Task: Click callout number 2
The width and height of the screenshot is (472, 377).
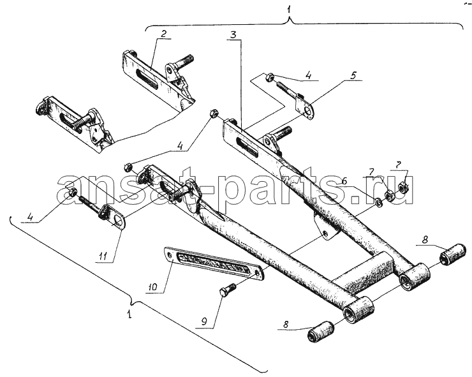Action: coord(163,33)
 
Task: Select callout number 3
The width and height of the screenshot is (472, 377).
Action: coord(234,35)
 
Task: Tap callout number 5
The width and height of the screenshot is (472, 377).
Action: coord(353,75)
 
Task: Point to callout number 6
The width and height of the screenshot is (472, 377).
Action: coord(344,181)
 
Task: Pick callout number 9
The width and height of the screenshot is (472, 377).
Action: coord(204,322)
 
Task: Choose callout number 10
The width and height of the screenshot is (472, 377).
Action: coord(152,287)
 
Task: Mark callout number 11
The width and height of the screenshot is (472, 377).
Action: coord(103,257)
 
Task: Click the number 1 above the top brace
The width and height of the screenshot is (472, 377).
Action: coord(289,10)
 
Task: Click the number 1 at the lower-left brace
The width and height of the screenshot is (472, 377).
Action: coord(129,315)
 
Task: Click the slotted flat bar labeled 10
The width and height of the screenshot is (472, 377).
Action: coord(214,263)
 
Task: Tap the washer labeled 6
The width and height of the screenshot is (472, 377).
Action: coord(379,203)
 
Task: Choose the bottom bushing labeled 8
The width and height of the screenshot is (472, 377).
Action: coord(320,332)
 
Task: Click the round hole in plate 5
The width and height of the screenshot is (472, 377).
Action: coord(307,112)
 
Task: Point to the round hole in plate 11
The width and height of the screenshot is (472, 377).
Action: coord(119,223)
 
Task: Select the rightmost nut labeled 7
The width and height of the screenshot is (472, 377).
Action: coord(402,187)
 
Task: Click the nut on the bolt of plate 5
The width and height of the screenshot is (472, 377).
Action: coord(270,77)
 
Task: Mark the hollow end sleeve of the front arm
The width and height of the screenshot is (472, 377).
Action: coord(359,310)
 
